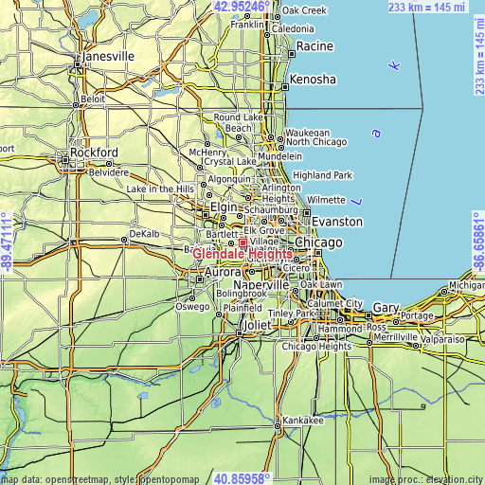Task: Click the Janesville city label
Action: [x=107, y=56]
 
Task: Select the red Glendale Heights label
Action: [x=242, y=254]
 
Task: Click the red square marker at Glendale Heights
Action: [x=242, y=243]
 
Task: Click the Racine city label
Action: [x=314, y=46]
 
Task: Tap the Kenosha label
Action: [x=313, y=80]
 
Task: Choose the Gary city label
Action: [x=386, y=308]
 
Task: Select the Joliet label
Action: [x=257, y=325]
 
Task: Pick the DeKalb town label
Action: [x=145, y=233]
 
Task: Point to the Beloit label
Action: [x=94, y=99]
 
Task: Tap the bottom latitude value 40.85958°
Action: [x=242, y=477]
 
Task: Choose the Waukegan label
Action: [x=308, y=134]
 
